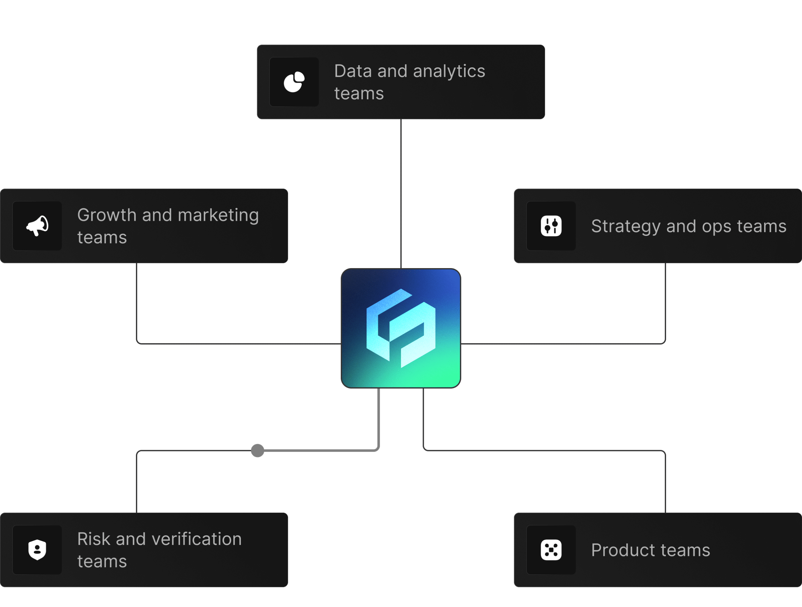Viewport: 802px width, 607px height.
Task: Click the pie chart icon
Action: click(294, 82)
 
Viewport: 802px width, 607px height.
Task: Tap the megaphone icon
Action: click(37, 226)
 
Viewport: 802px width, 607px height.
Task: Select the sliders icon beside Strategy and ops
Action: click(551, 226)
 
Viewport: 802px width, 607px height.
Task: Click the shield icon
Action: click(37, 550)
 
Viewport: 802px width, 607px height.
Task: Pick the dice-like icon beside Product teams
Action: click(551, 550)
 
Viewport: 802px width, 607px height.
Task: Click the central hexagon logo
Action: click(401, 328)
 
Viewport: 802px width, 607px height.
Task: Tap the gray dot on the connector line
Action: click(258, 450)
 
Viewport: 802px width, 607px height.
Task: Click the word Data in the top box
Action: click(353, 71)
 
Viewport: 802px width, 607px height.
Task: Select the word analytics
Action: click(449, 71)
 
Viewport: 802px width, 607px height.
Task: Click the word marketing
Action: click(218, 215)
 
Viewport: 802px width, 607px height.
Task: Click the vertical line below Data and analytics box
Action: click(401, 192)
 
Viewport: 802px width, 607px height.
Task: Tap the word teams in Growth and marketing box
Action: click(102, 238)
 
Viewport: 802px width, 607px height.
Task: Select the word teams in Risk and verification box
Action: click(102, 562)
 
